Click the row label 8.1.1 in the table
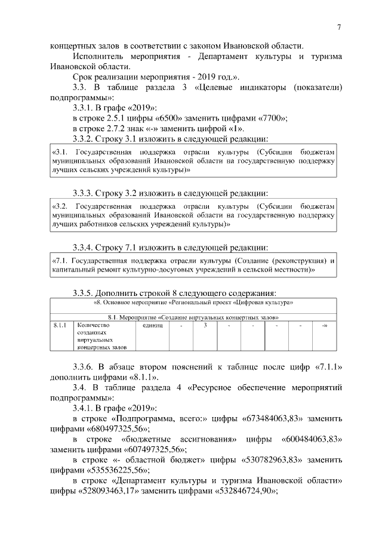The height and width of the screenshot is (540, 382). [59, 325]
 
